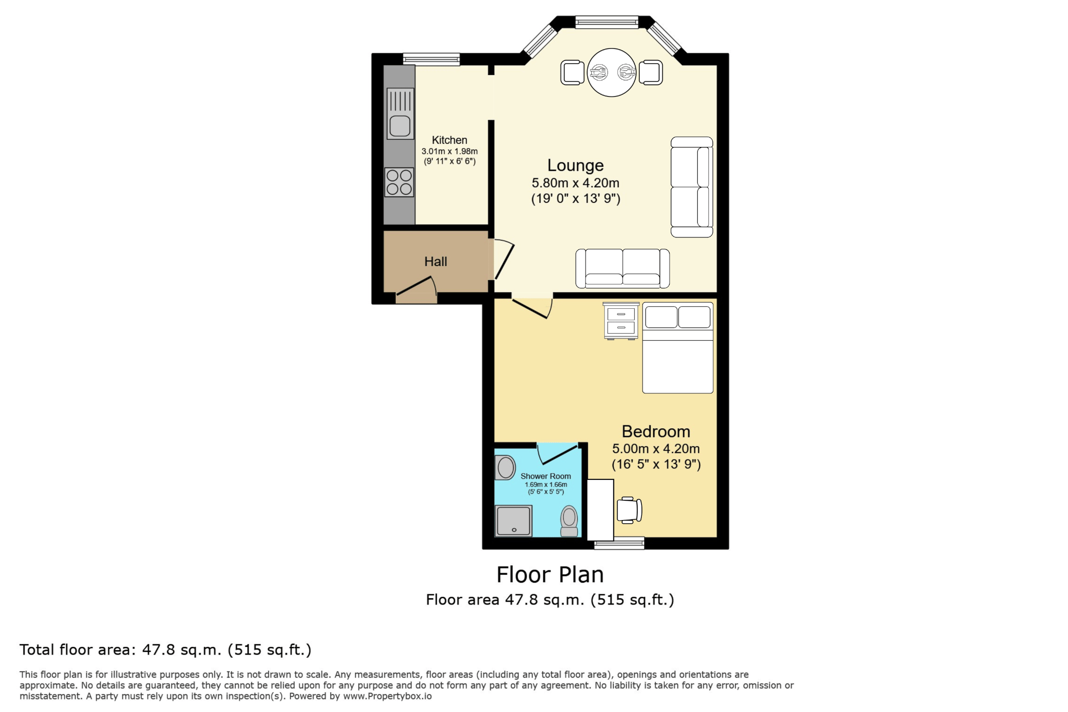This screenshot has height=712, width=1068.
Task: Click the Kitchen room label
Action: pos(449,140)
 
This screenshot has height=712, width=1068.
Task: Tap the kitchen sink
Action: pos(400,114)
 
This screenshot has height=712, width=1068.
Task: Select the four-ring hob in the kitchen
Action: pos(399,182)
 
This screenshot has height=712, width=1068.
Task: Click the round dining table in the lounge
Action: pos(612,73)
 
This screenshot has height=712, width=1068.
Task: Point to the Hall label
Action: pos(435,261)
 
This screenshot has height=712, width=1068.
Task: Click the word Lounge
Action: pos(575,165)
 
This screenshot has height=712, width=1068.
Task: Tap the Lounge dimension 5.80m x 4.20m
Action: pos(575,183)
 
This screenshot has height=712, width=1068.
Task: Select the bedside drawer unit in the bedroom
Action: pos(621,321)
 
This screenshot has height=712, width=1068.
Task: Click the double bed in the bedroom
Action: pos(677,347)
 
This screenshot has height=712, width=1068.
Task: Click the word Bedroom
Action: pos(656,431)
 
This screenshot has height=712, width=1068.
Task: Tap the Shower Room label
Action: pos(545,476)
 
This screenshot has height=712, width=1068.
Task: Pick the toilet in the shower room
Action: pos(569,521)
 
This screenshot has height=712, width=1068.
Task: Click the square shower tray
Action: pos(514,521)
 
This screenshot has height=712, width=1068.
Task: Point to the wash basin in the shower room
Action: pos(505,467)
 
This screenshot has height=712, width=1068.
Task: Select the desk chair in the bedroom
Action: pos(629,510)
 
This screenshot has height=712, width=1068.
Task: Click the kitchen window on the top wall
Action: pos(431,59)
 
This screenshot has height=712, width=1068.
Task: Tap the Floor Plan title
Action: pos(550,575)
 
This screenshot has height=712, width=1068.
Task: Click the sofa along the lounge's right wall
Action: pos(692,187)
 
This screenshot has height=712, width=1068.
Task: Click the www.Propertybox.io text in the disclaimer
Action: pos(387,696)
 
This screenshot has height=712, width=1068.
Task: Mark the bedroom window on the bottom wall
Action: pos(619,544)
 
